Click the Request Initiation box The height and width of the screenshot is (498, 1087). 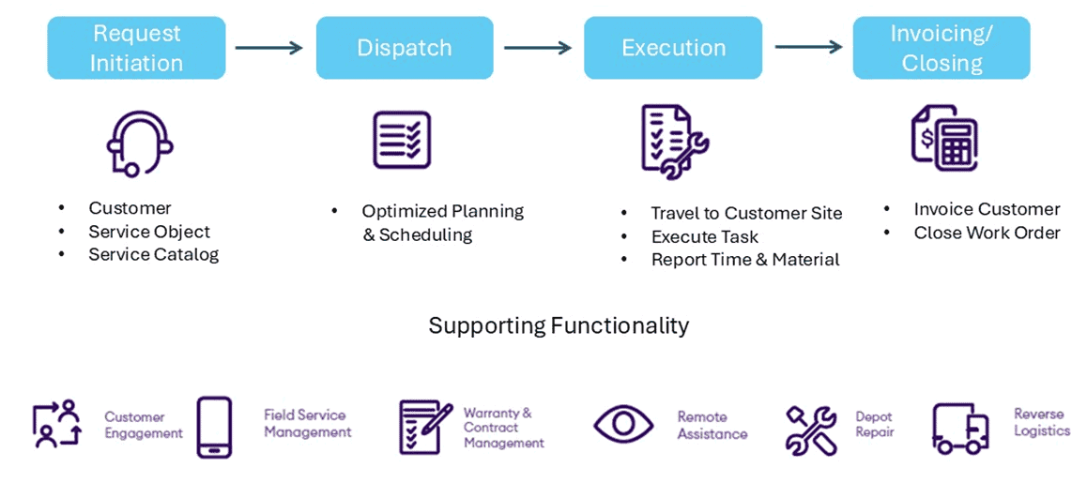(136, 48)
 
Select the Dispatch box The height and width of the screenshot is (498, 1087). (405, 48)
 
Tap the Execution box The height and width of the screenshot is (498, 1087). (673, 48)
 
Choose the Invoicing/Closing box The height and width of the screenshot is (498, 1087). (941, 48)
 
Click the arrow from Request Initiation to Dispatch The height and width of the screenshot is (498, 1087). (269, 48)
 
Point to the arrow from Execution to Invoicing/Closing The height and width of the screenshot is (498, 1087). (807, 48)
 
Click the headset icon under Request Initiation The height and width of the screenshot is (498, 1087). (139, 143)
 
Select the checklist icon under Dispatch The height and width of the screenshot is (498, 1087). (402, 140)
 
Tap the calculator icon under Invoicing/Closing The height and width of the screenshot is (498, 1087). (944, 138)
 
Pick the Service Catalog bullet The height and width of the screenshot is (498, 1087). (153, 255)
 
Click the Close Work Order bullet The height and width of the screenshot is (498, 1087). (987, 233)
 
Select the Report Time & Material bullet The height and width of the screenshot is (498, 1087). (744, 260)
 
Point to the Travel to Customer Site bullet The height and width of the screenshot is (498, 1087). (746, 214)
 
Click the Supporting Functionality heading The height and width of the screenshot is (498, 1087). (559, 325)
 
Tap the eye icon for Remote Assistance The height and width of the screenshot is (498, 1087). (623, 424)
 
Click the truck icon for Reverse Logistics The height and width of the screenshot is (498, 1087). (960, 429)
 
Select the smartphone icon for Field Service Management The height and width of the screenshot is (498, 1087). (214, 427)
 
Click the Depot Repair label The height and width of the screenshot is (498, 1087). (874, 424)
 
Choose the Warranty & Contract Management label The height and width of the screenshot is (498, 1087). (503, 428)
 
